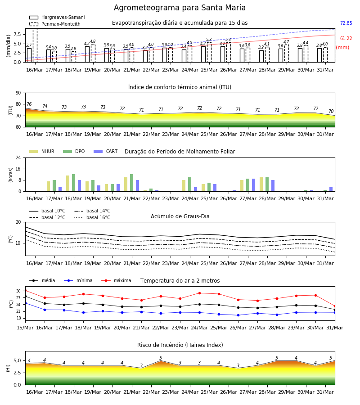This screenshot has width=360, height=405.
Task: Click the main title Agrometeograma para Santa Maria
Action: [180, 8]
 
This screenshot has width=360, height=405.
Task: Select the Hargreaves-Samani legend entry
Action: [57, 17]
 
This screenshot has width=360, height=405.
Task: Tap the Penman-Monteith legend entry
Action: [55, 24]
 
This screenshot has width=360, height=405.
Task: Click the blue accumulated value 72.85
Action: [346, 23]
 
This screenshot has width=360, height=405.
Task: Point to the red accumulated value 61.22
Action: [346, 39]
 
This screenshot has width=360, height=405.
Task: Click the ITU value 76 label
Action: [29, 104]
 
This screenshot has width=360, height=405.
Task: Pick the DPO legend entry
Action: [74, 151]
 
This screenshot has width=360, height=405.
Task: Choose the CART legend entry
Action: [106, 151]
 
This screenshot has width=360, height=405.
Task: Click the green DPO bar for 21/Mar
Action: [132, 183]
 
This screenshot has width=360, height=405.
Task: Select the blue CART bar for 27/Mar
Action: [254, 185]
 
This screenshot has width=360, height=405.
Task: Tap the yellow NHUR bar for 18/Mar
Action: [67, 184]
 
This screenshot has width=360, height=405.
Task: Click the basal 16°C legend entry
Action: [92, 217]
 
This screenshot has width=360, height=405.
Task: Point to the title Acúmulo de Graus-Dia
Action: [180, 216]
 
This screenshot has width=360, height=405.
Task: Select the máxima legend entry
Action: [116, 280]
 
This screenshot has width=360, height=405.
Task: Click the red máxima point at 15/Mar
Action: [25, 291]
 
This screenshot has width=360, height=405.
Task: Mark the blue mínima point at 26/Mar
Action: [238, 315]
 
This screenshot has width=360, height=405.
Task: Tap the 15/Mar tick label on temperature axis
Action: [25, 328]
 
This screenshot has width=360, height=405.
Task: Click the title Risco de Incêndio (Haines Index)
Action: [180, 345]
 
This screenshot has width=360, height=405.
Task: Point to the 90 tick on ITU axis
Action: [18, 93]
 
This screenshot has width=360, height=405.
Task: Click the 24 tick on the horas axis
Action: [18, 157]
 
